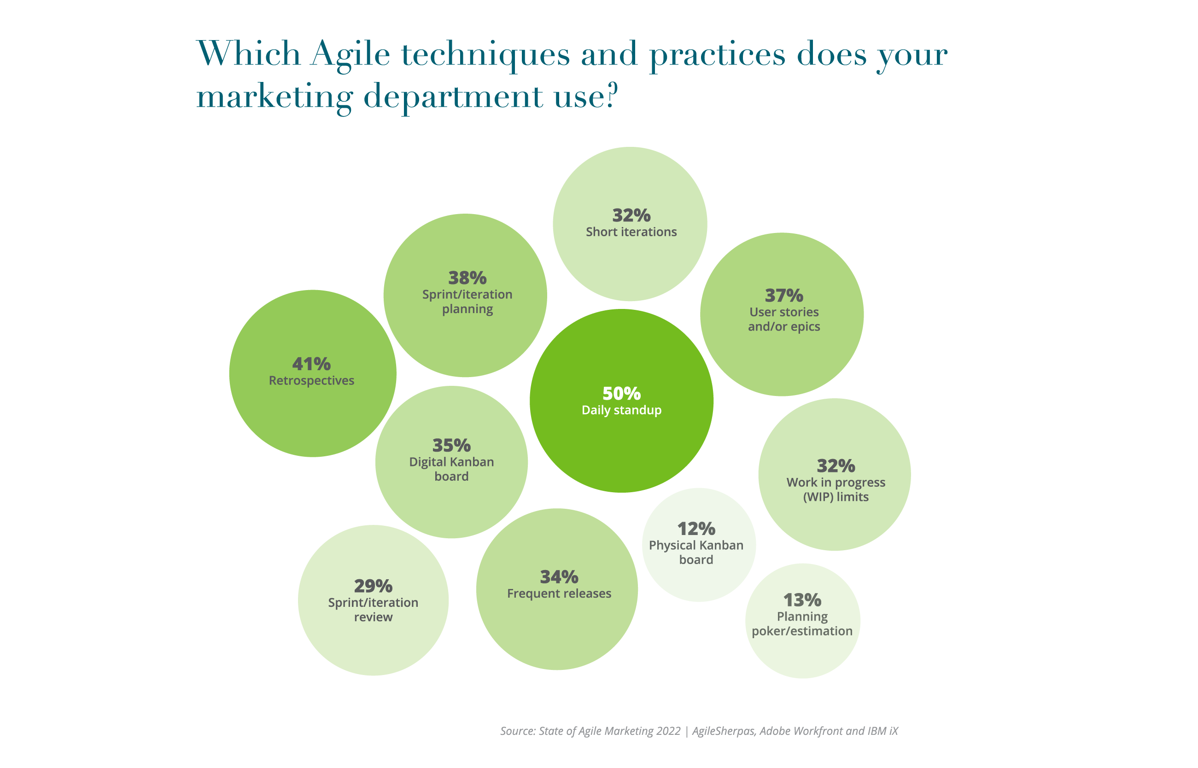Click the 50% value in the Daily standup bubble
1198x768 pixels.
click(621, 394)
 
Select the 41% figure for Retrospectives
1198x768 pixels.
click(312, 364)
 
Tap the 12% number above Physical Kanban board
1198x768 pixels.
click(696, 529)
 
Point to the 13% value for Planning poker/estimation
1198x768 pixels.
click(802, 600)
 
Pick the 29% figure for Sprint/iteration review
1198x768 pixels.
click(373, 586)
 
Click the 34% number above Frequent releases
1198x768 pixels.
click(559, 577)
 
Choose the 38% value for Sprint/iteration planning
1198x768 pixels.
click(468, 278)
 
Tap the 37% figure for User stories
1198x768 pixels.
click(784, 296)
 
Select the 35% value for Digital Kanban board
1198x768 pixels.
click(451, 445)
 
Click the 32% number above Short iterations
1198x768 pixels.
click(631, 215)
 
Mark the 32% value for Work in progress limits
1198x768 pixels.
click(836, 466)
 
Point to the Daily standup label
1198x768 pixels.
click(621, 410)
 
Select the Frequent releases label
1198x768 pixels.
click(559, 593)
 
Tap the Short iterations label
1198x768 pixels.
click(631, 232)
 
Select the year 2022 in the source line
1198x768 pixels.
click(668, 731)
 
